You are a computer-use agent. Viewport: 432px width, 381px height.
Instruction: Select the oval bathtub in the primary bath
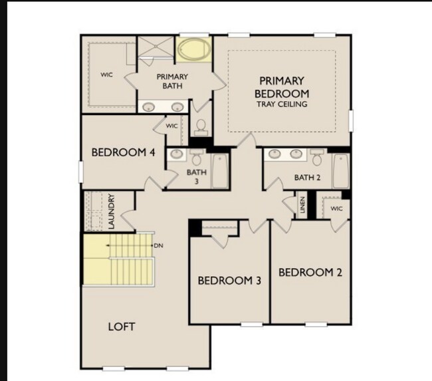click(193, 50)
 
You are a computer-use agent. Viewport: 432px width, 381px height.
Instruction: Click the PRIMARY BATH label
click(172, 81)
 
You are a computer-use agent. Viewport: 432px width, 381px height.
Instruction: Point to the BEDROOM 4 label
click(123, 152)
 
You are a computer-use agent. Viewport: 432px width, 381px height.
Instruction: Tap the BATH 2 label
click(308, 178)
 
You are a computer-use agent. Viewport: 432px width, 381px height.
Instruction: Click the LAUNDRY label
click(112, 211)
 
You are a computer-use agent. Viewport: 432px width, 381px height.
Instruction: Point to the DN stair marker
click(158, 245)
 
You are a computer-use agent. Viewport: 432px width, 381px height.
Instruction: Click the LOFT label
click(122, 326)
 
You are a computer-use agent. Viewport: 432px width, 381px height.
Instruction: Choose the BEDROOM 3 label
click(229, 281)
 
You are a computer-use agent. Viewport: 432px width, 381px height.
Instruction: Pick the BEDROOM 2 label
click(310, 273)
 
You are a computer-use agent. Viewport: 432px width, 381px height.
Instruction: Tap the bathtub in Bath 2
click(340, 170)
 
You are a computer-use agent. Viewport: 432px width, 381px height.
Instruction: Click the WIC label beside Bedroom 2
click(336, 207)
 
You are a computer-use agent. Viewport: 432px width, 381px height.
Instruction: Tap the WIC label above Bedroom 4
click(171, 125)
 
